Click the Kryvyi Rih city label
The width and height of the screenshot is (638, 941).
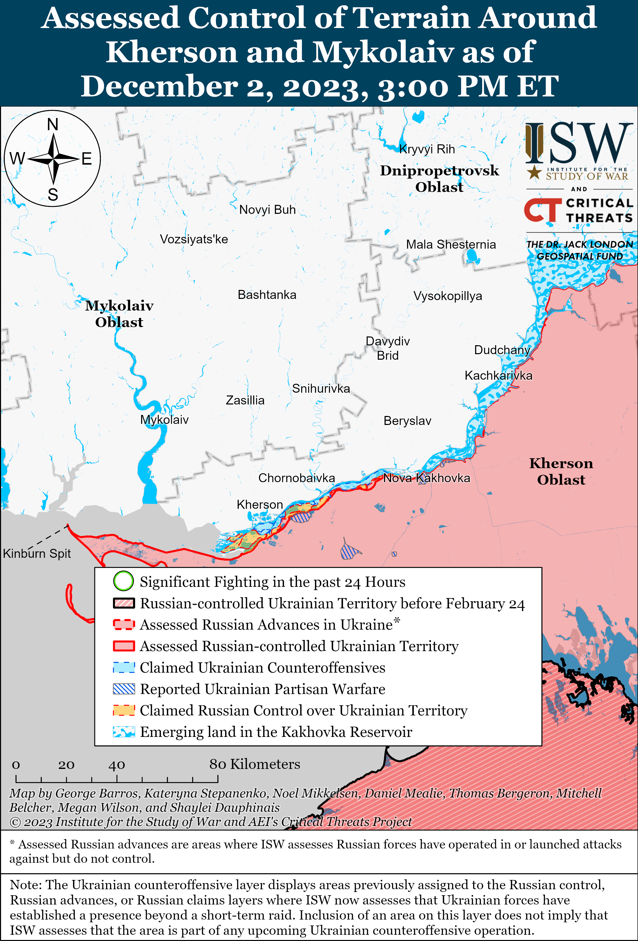(x=427, y=149)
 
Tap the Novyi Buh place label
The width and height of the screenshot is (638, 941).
(x=267, y=210)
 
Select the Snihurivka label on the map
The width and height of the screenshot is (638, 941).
(x=321, y=389)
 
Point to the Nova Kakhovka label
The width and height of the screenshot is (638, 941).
(x=427, y=478)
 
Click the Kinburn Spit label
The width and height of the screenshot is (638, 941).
(x=37, y=554)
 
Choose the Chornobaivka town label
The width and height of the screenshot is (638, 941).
(x=296, y=478)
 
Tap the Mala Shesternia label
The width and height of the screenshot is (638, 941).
(x=451, y=245)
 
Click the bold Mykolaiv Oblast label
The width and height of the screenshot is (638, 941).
(x=119, y=314)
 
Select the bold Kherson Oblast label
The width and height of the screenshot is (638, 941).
(x=561, y=471)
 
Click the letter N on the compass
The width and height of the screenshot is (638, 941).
(x=53, y=124)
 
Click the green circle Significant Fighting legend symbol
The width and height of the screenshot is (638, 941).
(x=123, y=582)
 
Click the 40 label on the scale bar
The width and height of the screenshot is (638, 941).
(x=117, y=765)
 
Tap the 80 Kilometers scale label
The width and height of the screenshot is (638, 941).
(x=254, y=764)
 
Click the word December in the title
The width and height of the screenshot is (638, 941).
(x=159, y=87)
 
